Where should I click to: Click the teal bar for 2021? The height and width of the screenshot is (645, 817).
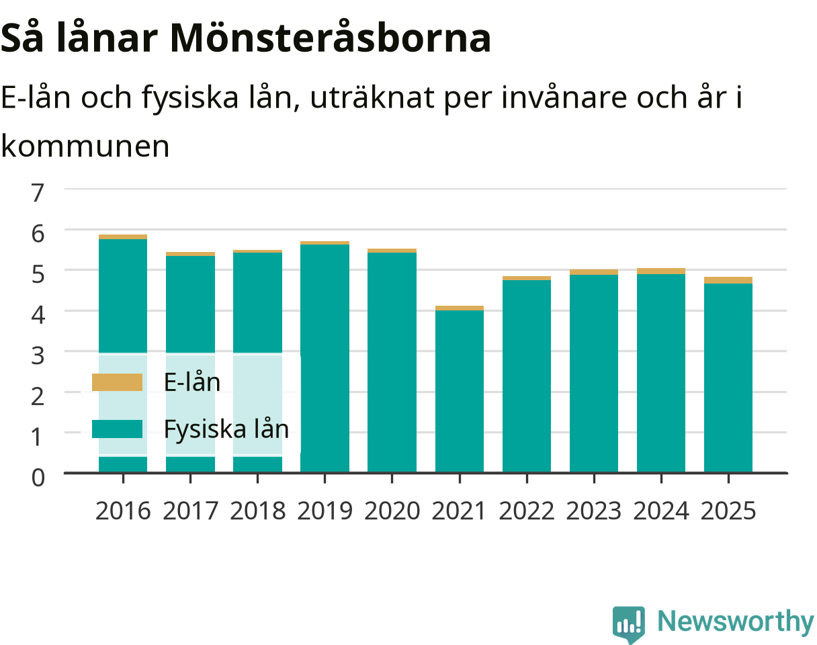click(460, 392)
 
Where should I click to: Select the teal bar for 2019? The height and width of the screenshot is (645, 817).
click(325, 358)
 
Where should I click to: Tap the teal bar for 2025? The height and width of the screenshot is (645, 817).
click(728, 378)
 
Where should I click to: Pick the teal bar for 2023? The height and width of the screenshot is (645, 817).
click(594, 374)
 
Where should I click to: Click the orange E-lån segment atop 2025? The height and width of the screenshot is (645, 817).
click(728, 280)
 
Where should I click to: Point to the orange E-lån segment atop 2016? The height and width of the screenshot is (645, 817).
click(123, 237)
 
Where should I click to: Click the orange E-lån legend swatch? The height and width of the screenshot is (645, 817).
click(118, 382)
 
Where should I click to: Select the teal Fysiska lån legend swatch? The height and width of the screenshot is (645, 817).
click(118, 429)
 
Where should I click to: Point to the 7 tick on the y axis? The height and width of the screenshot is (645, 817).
click(38, 192)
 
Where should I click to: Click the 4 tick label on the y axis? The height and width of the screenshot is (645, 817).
click(38, 314)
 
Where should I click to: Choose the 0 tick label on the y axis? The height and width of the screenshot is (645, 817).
click(38, 478)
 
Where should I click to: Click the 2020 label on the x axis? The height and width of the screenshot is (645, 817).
click(392, 511)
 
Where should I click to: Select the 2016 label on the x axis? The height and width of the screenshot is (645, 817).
click(123, 511)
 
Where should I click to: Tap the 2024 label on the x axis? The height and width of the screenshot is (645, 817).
click(661, 511)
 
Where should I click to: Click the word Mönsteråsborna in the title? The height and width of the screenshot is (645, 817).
click(331, 37)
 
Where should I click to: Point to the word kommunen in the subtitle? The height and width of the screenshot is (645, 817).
click(85, 146)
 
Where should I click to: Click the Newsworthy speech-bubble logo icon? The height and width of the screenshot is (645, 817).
click(629, 624)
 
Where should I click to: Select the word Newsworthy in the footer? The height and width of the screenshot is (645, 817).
click(736, 621)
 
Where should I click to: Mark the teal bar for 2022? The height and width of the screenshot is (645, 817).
click(527, 376)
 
